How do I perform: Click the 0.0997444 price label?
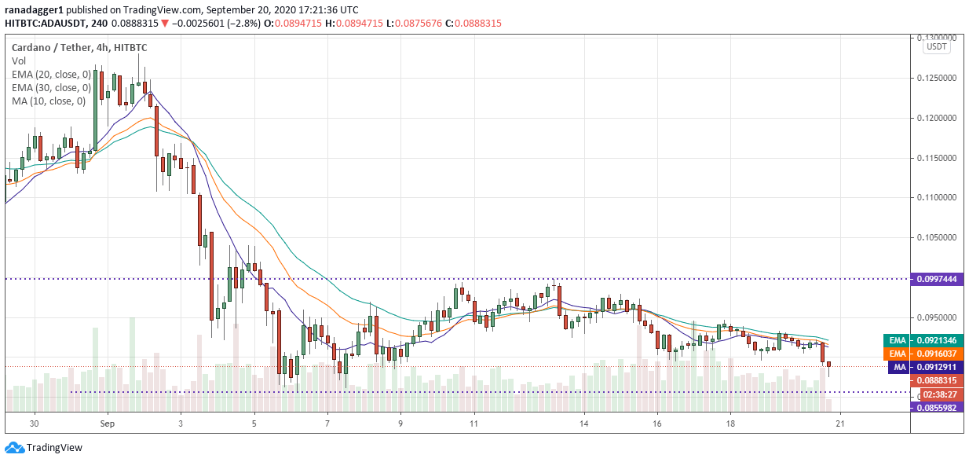pos(938,279)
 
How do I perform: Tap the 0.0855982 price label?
pos(938,407)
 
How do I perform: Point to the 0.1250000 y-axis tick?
pos(938,78)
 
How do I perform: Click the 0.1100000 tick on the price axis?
pos(938,197)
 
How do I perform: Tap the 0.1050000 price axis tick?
pos(938,237)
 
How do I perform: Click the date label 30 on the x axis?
pos(34,423)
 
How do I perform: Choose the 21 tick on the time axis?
pos(840,423)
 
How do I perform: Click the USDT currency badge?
pos(937,47)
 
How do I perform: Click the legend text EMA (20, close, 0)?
pos(50,75)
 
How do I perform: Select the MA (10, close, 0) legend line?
pos(48,101)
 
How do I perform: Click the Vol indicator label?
pos(18,61)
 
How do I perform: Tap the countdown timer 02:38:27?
pos(938,394)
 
